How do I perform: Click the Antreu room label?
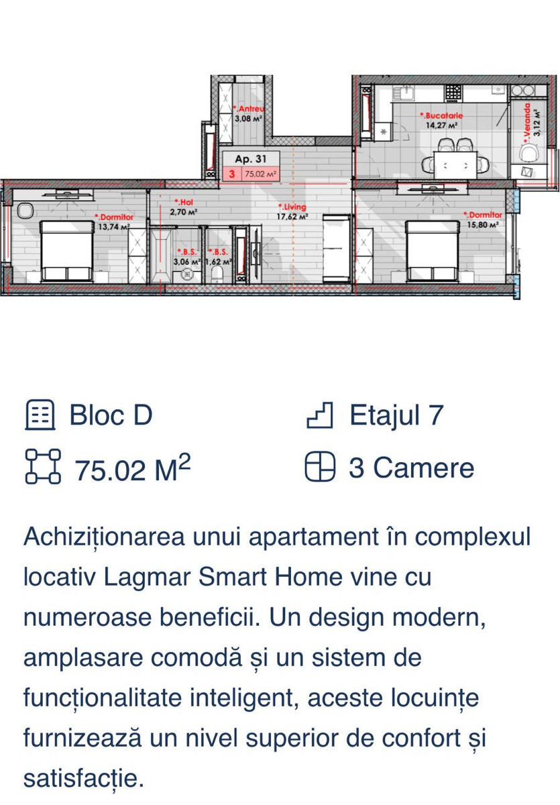[249, 109]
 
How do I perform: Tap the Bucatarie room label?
[441, 115]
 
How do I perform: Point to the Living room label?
[292, 207]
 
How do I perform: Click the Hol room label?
[184, 203]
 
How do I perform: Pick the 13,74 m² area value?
[114, 227]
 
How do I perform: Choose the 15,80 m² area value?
[482, 225]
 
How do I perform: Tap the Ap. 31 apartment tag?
[250, 159]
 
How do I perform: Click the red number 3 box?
[232, 174]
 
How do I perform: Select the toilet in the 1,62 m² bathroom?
[218, 276]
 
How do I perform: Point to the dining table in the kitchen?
[455, 165]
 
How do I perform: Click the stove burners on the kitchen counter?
[453, 93]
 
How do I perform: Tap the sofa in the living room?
[336, 248]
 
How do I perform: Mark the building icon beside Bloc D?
[40, 415]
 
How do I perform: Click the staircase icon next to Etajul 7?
[320, 415]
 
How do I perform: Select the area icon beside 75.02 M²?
[43, 466]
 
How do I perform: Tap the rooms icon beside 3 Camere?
[320, 466]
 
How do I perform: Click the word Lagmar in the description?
[147, 577]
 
